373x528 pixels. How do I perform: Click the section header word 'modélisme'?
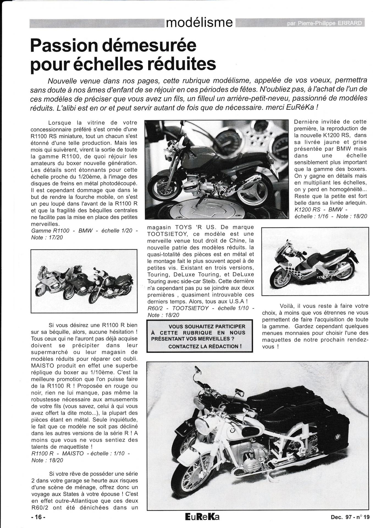click(x=200, y=23)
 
